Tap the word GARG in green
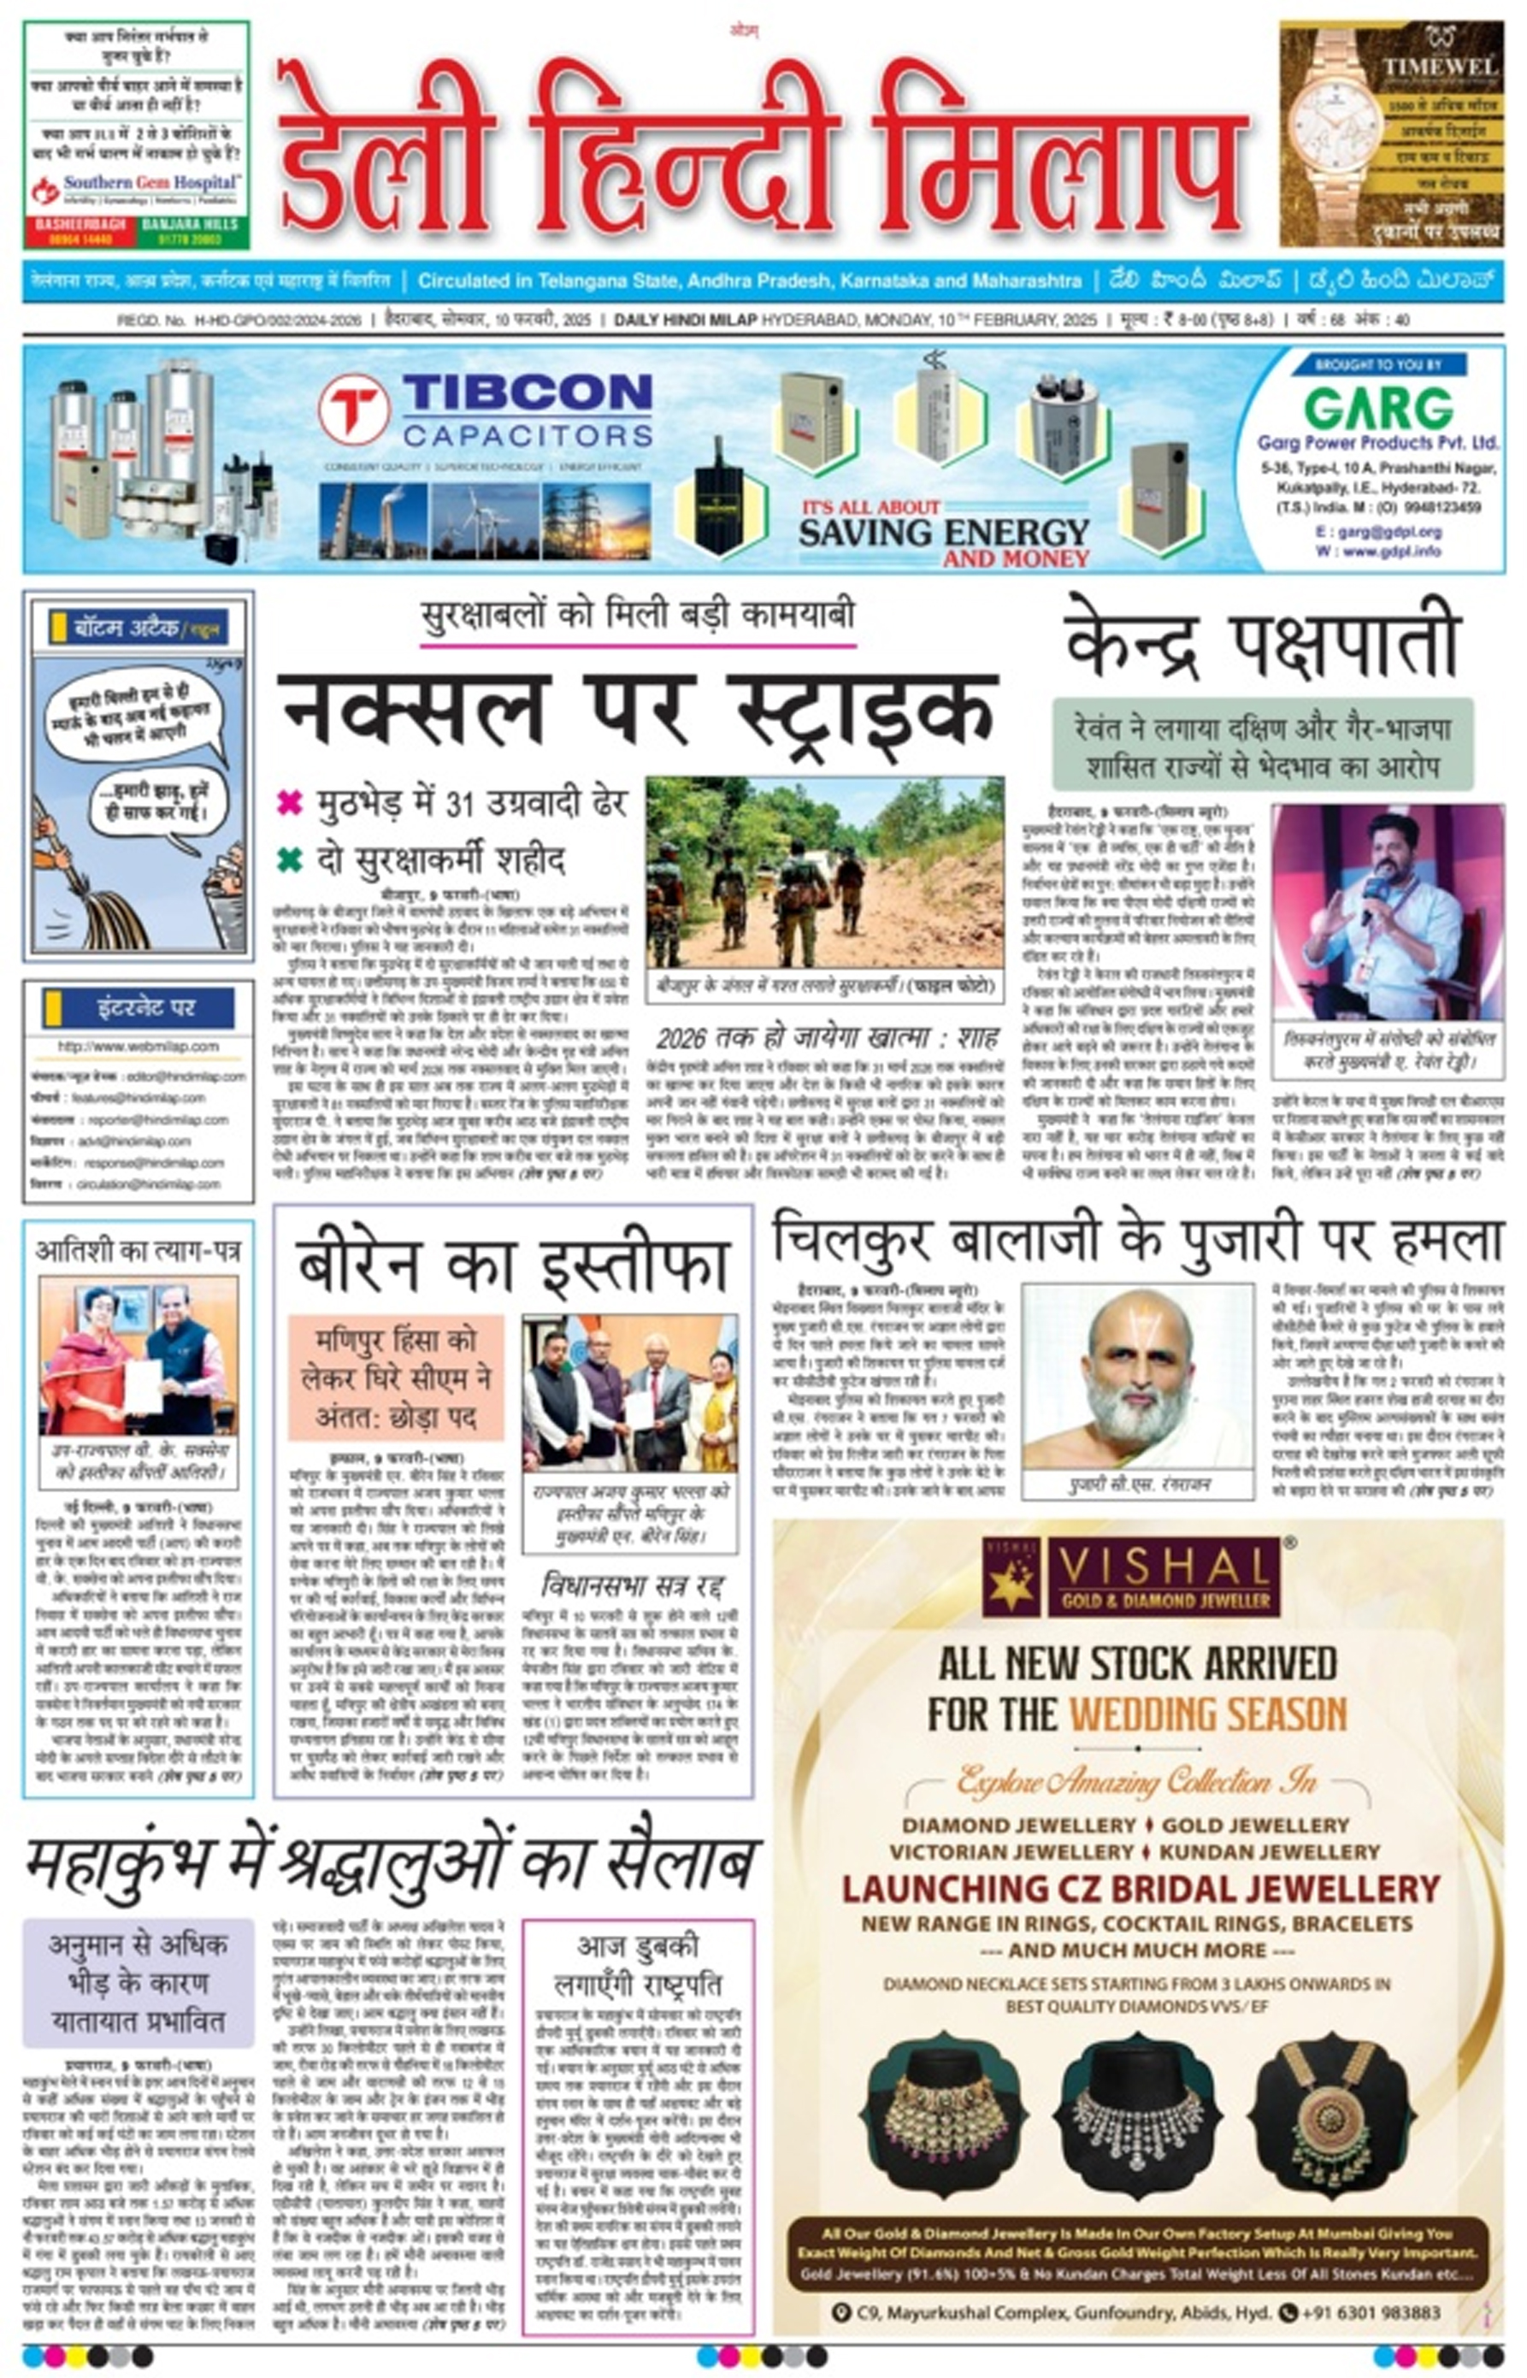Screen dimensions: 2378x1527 pyautogui.click(x=1377, y=409)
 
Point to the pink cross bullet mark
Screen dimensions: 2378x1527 pyautogui.click(x=290, y=801)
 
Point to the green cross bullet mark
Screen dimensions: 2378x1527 pyautogui.click(x=290, y=859)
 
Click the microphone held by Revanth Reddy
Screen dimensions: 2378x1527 pyautogui.click(x=1372, y=894)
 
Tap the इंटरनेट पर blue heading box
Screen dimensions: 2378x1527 pyautogui.click(x=138, y=1008)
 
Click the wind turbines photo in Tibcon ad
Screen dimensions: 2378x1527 pyautogui.click(x=485, y=521)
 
